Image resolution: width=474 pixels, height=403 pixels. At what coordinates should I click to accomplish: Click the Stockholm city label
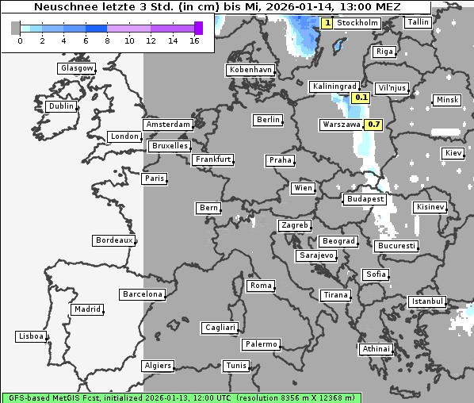[x=357, y=23]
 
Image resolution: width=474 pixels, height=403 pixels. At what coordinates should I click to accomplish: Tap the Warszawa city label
[x=342, y=125]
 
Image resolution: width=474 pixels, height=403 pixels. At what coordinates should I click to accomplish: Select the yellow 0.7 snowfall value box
[x=374, y=125]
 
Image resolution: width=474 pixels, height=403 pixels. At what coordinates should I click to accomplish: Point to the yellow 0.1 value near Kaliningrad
[x=361, y=98]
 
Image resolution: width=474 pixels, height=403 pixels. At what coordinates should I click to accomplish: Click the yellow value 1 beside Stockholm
[x=327, y=23]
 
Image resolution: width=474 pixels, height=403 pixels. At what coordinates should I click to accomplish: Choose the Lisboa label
[x=30, y=336]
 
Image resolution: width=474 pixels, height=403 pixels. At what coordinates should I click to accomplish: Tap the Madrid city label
[x=86, y=309]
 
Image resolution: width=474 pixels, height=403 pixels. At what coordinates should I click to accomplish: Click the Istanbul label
[x=426, y=301]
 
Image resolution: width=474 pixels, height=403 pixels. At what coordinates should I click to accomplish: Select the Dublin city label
[x=60, y=106]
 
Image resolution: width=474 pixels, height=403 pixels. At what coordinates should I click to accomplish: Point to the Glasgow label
[x=76, y=68]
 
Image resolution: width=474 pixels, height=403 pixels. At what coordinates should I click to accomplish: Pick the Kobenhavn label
[x=250, y=70]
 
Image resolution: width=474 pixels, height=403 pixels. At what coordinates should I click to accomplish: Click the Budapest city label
[x=364, y=199]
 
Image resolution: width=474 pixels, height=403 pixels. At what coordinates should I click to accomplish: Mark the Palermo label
[x=261, y=344]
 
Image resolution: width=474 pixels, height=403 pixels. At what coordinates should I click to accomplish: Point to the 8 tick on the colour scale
[x=107, y=40]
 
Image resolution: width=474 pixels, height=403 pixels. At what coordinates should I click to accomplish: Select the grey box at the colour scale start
[x=16, y=28]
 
